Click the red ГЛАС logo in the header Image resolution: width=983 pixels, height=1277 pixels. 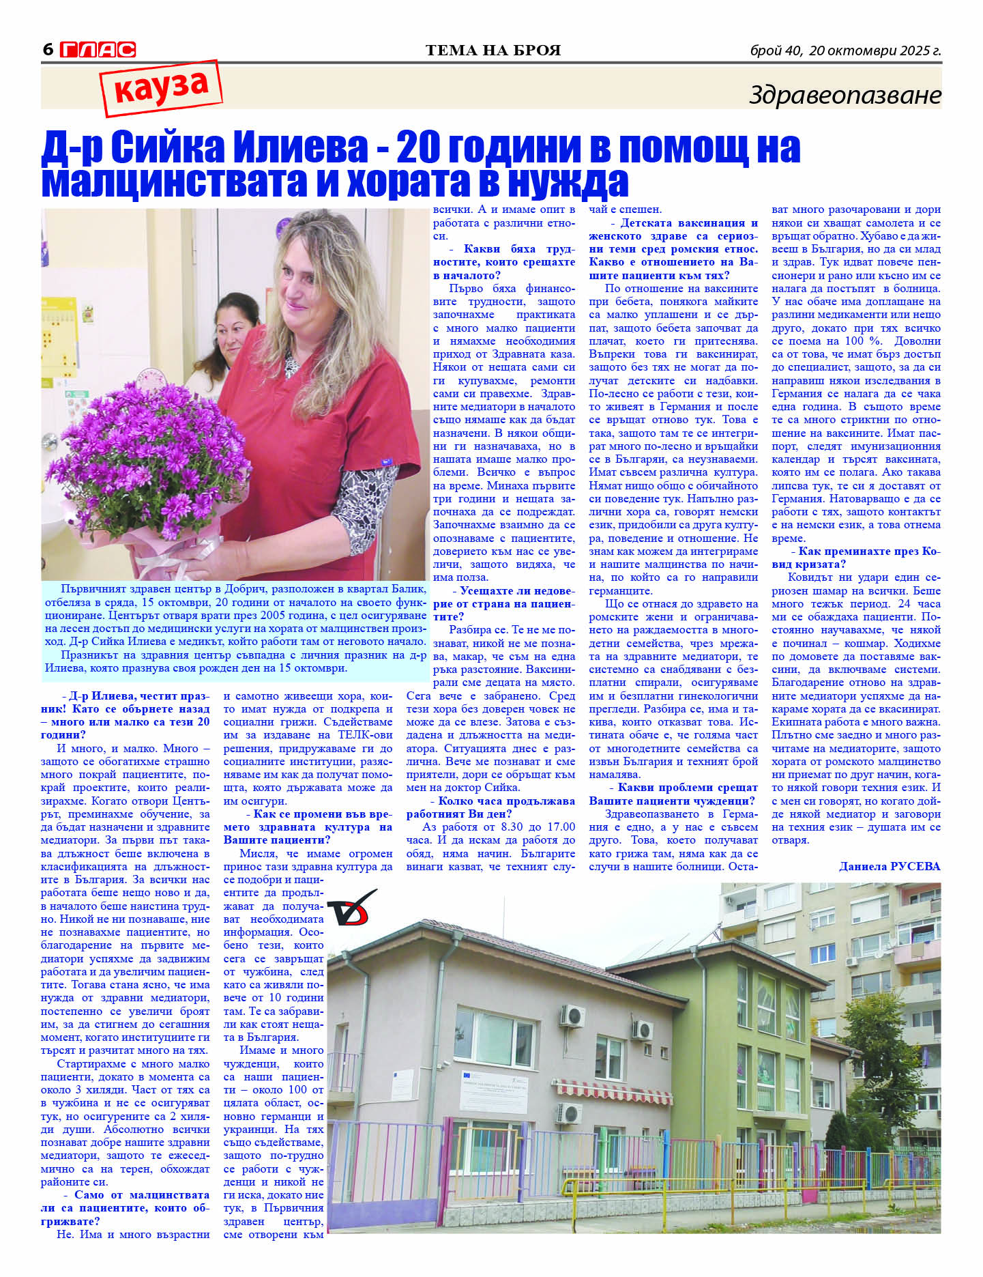point(98,50)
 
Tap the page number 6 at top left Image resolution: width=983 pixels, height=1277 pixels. point(48,50)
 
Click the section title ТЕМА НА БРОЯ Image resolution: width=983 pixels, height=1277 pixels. point(493,51)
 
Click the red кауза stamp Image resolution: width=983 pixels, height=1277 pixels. point(162,87)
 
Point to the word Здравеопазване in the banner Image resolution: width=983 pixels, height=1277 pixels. point(845,95)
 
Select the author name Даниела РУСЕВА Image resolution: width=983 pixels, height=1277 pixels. point(889,867)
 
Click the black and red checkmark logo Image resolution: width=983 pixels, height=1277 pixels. point(351,908)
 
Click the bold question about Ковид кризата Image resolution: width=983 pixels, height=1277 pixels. point(855,558)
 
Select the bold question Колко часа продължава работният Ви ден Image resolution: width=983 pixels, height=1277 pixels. point(491,807)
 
